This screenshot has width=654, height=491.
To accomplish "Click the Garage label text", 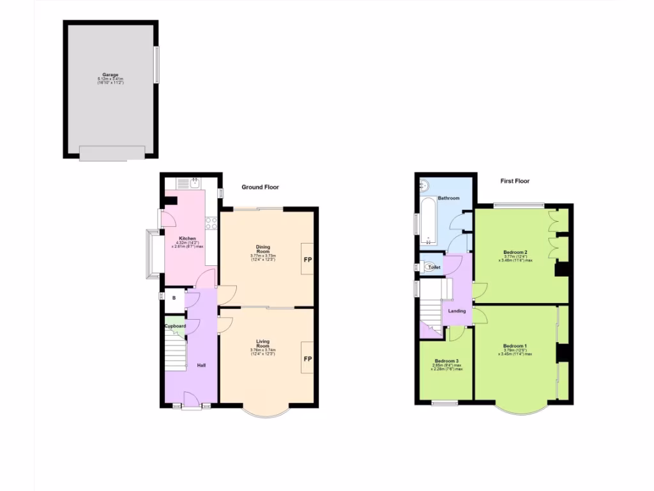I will [x=110, y=75].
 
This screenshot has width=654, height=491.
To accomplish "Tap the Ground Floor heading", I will [x=260, y=187].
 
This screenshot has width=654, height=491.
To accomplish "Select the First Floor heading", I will [x=515, y=181].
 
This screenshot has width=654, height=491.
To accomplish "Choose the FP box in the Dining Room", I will [x=307, y=259].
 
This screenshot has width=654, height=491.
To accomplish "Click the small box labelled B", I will [x=174, y=298].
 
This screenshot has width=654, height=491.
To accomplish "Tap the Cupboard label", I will [x=175, y=326].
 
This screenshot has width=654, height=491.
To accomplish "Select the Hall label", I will [x=201, y=365].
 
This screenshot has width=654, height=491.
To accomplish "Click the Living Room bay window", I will [x=267, y=412].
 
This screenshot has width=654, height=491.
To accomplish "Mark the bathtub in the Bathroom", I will [x=427, y=221].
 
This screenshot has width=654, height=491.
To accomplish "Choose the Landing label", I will [x=457, y=311].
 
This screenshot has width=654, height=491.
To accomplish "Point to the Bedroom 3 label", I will [x=446, y=361].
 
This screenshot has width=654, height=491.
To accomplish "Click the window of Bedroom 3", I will [x=445, y=403].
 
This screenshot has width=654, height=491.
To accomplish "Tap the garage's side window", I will [x=156, y=64].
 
